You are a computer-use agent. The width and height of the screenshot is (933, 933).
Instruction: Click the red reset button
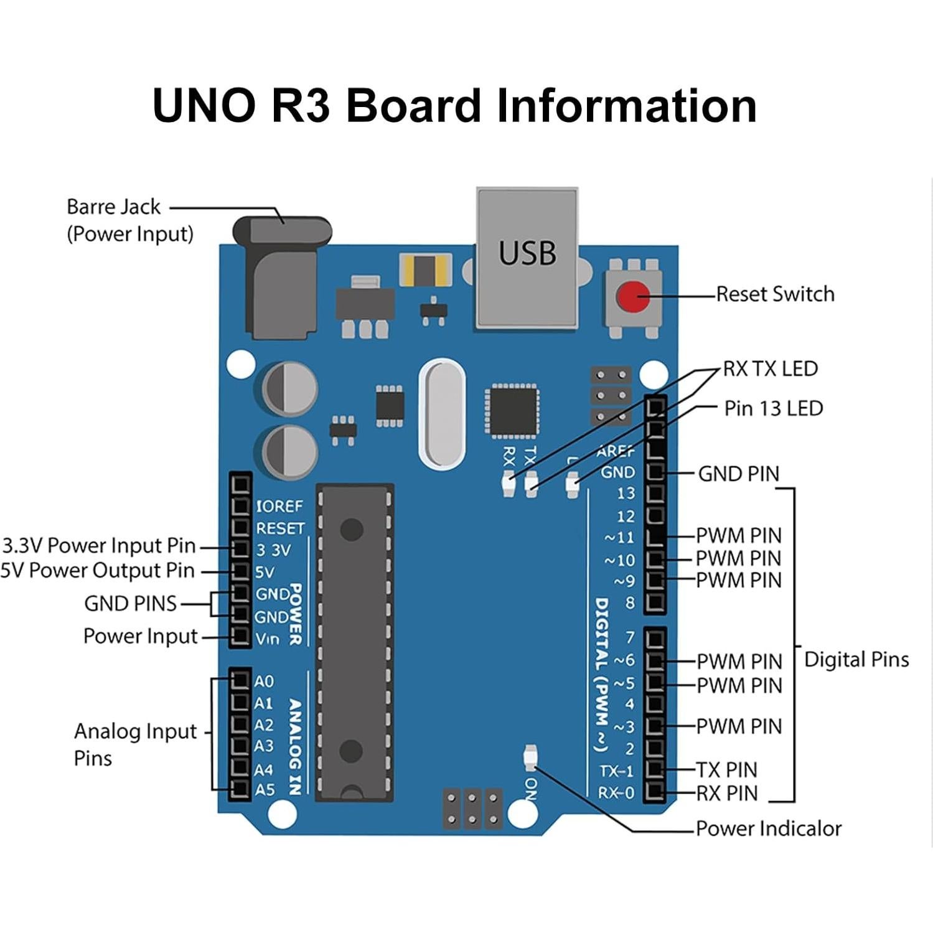(633, 297)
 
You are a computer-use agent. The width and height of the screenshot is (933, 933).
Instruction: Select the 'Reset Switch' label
(775, 294)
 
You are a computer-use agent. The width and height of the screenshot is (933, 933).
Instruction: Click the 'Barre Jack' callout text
(113, 207)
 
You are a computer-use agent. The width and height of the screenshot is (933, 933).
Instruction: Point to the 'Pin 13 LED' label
(773, 408)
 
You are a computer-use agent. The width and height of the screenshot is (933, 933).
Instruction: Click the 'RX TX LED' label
(770, 368)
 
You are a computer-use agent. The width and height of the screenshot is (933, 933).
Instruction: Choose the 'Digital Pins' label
(856, 659)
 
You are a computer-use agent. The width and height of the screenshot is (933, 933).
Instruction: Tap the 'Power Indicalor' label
(768, 828)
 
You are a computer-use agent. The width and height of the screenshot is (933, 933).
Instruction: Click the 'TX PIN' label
(726, 770)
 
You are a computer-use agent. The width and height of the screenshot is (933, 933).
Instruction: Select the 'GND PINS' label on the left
(130, 603)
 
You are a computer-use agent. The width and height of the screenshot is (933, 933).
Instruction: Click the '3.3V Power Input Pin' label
(99, 545)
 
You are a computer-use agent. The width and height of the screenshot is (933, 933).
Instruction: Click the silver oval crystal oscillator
(442, 414)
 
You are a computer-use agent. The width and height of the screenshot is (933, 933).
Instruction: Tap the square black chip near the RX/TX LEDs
(512, 411)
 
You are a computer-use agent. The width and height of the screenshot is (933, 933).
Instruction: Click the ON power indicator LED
(530, 757)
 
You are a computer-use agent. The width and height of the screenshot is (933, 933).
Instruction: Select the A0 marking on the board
(264, 681)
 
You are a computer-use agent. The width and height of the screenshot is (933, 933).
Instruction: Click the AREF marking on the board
(615, 451)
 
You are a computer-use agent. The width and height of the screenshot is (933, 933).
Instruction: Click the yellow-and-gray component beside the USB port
(425, 270)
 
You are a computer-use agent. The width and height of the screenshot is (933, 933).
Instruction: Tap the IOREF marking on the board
(279, 505)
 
